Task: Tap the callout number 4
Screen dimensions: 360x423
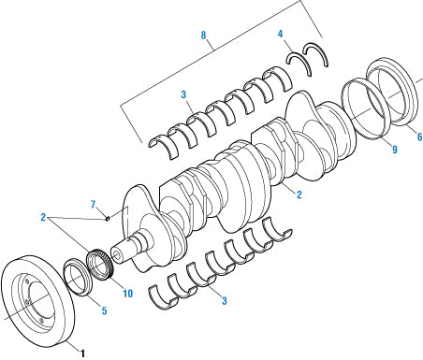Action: (280, 35)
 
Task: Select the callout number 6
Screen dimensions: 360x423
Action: (418, 137)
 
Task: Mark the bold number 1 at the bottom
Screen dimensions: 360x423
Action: (83, 353)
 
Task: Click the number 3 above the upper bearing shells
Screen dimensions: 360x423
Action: (184, 94)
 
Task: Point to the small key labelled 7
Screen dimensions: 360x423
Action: (109, 219)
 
